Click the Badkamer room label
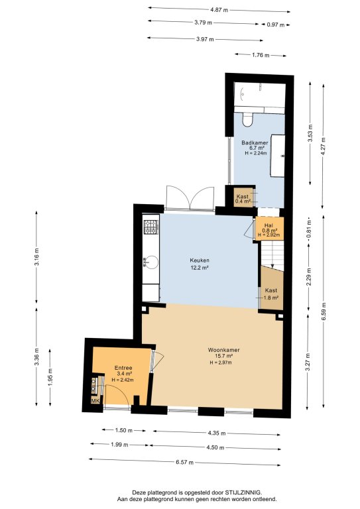pos(255,142)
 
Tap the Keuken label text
pos(200,260)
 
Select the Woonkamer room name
pos(223,350)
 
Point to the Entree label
pos(123,368)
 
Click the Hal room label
pos(269,225)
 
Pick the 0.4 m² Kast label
pos(243,196)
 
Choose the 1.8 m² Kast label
pos(271,290)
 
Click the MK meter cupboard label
pos(95,401)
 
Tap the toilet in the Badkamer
pos(248,119)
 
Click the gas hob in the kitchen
pos(151,227)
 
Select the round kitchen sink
pos(151,262)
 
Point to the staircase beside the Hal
pos(272,255)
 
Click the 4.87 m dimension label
pos(219,10)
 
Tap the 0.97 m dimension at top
pos(276,25)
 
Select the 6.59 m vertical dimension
pos(324,311)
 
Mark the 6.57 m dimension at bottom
pos(185,462)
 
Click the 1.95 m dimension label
pos(50,378)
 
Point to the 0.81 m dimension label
pos(309,229)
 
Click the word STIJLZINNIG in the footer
pos(243,492)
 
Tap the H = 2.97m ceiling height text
pos(221,363)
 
